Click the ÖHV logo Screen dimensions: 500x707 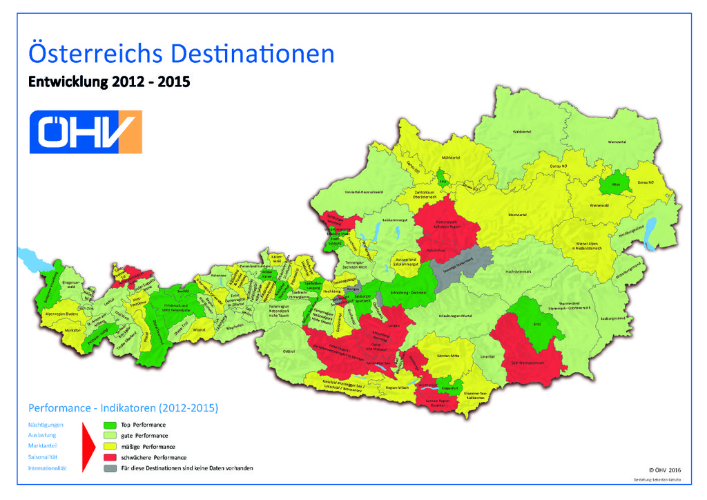(86, 131)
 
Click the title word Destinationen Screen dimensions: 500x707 (253, 53)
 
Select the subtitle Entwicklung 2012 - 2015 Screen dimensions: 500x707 (108, 82)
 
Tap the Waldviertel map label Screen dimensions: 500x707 (522, 131)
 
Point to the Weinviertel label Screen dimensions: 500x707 (617, 141)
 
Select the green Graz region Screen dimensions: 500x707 (537, 322)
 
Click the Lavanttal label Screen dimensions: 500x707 (487, 356)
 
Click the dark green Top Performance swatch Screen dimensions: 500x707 (109, 425)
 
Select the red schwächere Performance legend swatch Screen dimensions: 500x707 (109, 457)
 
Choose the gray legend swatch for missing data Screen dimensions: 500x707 (109, 468)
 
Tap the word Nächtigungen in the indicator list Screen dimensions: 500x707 (46, 425)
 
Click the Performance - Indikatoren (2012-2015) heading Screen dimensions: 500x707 (122, 408)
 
